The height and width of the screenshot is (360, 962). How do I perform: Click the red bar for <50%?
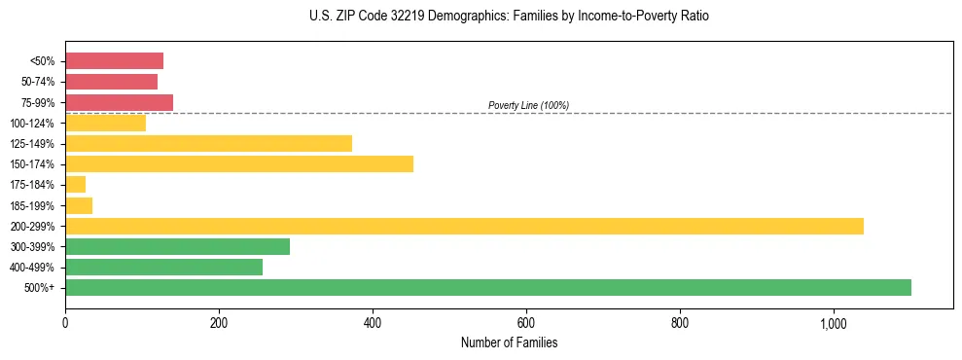click(114, 61)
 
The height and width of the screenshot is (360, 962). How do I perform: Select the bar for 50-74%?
click(111, 82)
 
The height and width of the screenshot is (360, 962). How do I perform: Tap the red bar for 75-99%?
click(119, 102)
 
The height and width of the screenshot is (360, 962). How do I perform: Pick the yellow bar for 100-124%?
click(105, 123)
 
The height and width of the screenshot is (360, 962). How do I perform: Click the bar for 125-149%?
click(208, 144)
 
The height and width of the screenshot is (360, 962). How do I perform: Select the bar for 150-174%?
click(239, 164)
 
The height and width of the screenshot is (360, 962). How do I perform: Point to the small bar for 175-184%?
click(75, 185)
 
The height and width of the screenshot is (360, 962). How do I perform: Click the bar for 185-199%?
click(79, 205)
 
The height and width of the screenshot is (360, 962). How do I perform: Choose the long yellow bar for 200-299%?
click(464, 226)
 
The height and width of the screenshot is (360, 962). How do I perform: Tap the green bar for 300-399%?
click(177, 246)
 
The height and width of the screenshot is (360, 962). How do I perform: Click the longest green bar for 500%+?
click(488, 287)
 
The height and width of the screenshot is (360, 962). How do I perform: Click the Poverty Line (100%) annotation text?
click(528, 105)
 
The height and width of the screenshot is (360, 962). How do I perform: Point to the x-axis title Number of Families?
click(509, 342)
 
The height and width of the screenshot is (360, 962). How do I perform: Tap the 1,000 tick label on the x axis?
click(834, 323)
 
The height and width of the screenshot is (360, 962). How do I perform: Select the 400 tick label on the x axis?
click(373, 323)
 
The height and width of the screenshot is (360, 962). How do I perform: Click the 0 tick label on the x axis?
click(65, 323)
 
